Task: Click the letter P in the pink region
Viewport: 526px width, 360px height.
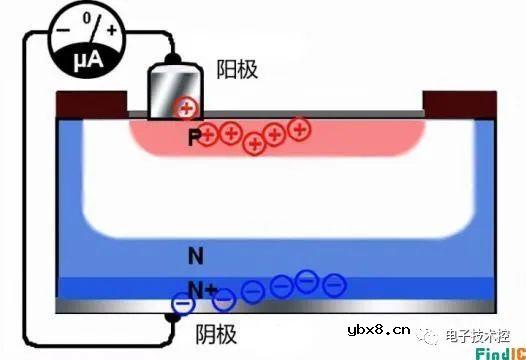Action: [x=194, y=138]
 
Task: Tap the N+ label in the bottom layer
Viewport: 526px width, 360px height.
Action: [x=203, y=290]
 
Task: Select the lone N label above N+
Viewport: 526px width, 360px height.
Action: [x=196, y=256]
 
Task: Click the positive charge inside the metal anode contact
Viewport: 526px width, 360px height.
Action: [x=186, y=108]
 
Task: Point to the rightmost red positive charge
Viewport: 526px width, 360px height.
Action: [x=297, y=128]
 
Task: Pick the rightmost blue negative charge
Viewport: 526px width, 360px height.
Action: [x=334, y=286]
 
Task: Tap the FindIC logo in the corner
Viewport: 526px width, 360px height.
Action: [x=496, y=351]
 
